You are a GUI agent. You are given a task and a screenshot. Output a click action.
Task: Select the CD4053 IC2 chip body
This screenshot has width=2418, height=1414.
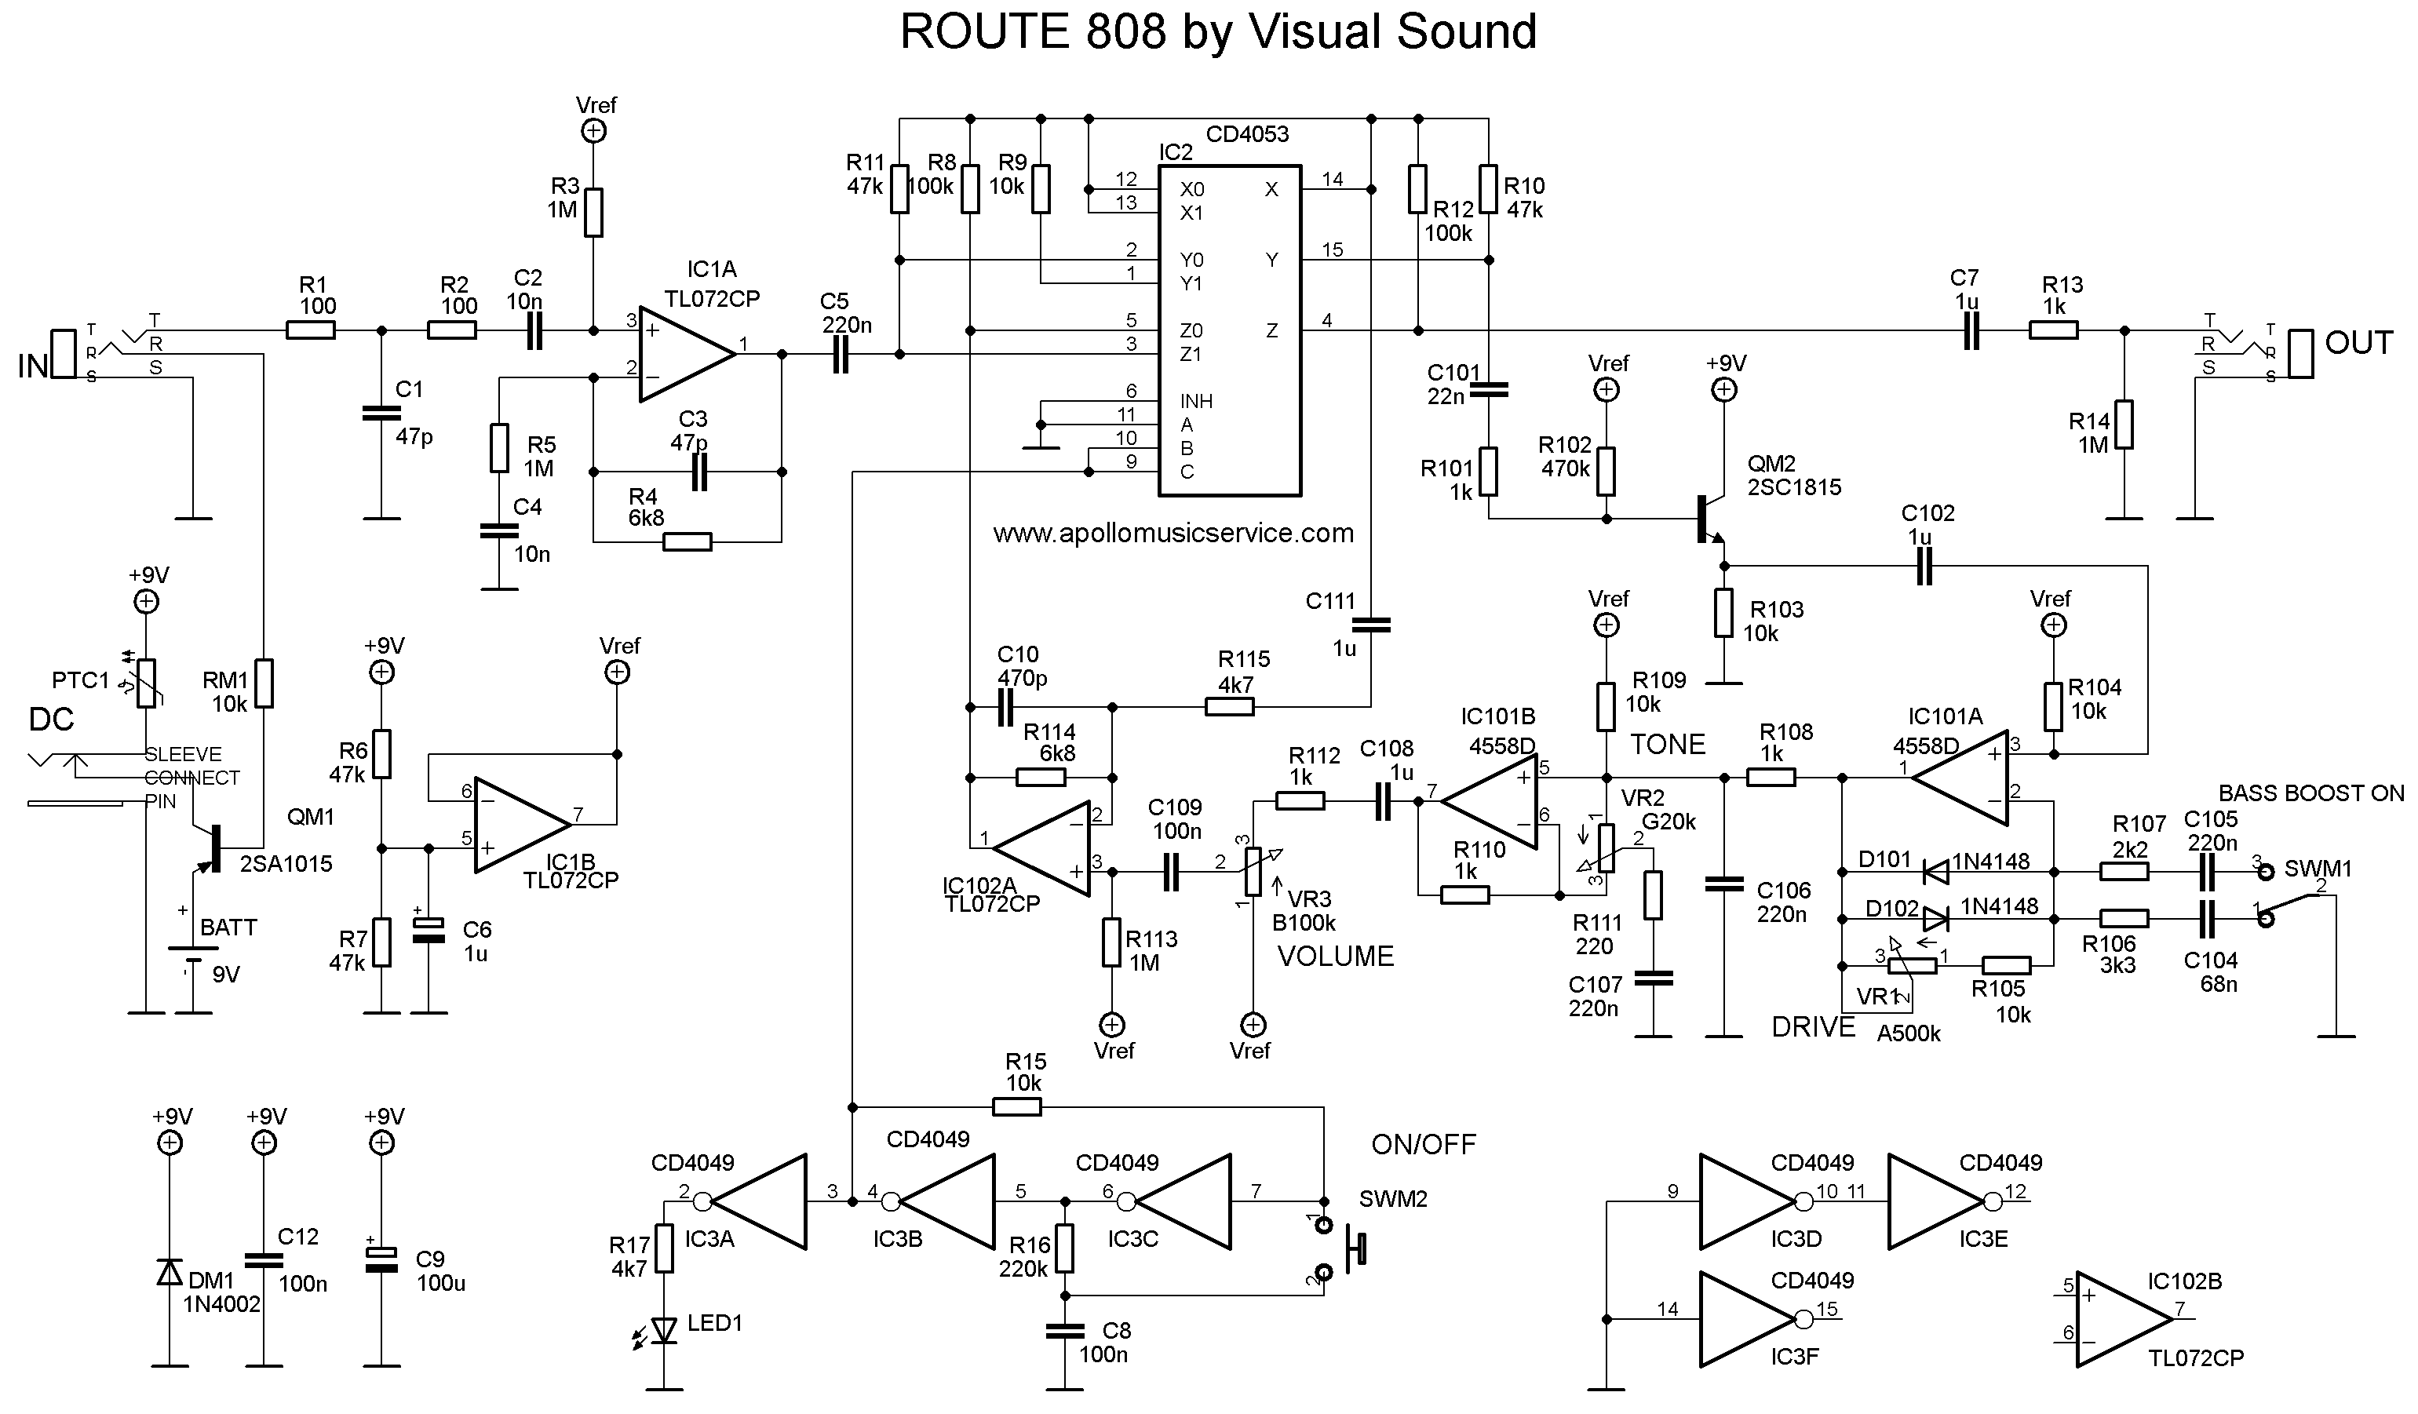coord(1229,331)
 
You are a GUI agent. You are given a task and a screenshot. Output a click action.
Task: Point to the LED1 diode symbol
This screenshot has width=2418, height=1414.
coord(664,1329)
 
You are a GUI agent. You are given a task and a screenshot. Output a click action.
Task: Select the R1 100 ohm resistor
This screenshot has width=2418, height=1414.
coord(311,331)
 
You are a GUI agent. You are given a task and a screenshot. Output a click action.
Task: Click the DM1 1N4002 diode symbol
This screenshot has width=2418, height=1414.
coord(170,1272)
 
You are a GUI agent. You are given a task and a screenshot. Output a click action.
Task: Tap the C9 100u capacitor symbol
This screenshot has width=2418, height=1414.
coord(382,1259)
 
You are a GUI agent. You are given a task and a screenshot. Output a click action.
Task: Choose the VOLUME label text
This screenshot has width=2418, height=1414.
coord(1335,957)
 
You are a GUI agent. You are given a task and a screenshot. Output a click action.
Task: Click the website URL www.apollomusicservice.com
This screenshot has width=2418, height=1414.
coord(1173,534)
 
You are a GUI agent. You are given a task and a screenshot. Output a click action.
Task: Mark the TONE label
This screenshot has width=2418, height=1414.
coord(1668,745)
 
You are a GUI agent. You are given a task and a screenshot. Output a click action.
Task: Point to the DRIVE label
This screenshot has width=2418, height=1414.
coord(1813,1027)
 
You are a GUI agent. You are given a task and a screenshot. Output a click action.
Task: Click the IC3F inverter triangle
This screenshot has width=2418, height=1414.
coord(1745,1319)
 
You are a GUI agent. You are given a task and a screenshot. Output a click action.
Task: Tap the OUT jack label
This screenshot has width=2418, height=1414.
coord(2358,344)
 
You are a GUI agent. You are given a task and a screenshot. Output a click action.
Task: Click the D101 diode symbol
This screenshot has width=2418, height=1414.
coord(1935,872)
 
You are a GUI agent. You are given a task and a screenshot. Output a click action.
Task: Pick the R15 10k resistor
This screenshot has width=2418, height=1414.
coord(1016,1107)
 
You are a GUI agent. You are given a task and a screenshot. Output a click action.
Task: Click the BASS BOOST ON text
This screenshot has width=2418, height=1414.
coord(2310,793)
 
